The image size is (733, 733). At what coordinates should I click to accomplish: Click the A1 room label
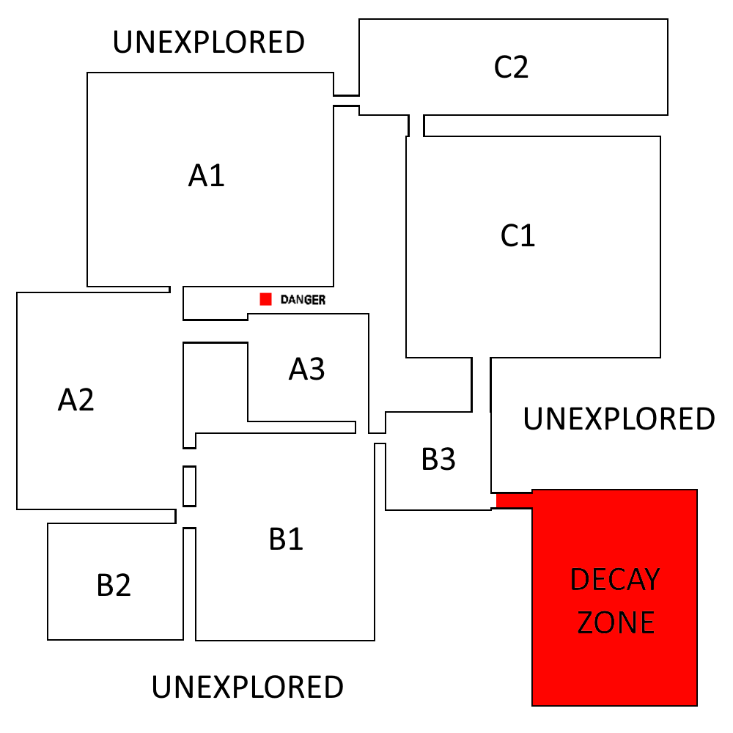pyautogui.click(x=207, y=176)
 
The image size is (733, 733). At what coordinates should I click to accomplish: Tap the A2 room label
pyautogui.click(x=76, y=400)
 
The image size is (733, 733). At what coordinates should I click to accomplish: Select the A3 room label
pyautogui.click(x=306, y=369)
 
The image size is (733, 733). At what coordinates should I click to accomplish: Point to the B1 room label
pyautogui.click(x=286, y=539)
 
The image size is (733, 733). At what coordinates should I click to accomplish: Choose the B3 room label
pyautogui.click(x=438, y=460)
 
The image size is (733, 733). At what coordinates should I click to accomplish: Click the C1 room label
pyautogui.click(x=517, y=236)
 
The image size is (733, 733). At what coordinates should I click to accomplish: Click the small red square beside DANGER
pyautogui.click(x=266, y=299)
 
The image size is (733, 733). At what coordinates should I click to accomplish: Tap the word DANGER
pyautogui.click(x=303, y=300)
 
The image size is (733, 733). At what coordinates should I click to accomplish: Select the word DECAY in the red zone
pyautogui.click(x=615, y=581)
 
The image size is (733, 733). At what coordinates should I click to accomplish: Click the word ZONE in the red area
pyautogui.click(x=615, y=623)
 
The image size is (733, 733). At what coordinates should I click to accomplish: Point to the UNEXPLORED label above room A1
pyautogui.click(x=208, y=43)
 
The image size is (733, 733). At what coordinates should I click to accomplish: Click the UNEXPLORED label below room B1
pyautogui.click(x=247, y=688)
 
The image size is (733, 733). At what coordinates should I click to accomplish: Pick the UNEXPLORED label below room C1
pyautogui.click(x=619, y=419)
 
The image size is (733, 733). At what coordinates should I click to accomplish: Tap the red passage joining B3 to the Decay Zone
pyautogui.click(x=514, y=500)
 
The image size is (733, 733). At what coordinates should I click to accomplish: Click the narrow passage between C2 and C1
pyautogui.click(x=416, y=125)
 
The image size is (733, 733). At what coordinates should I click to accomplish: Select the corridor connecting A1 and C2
pyautogui.click(x=346, y=100)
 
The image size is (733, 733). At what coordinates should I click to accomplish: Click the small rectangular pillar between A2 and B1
pyautogui.click(x=189, y=485)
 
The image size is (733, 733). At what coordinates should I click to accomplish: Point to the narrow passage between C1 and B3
pyautogui.click(x=481, y=384)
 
